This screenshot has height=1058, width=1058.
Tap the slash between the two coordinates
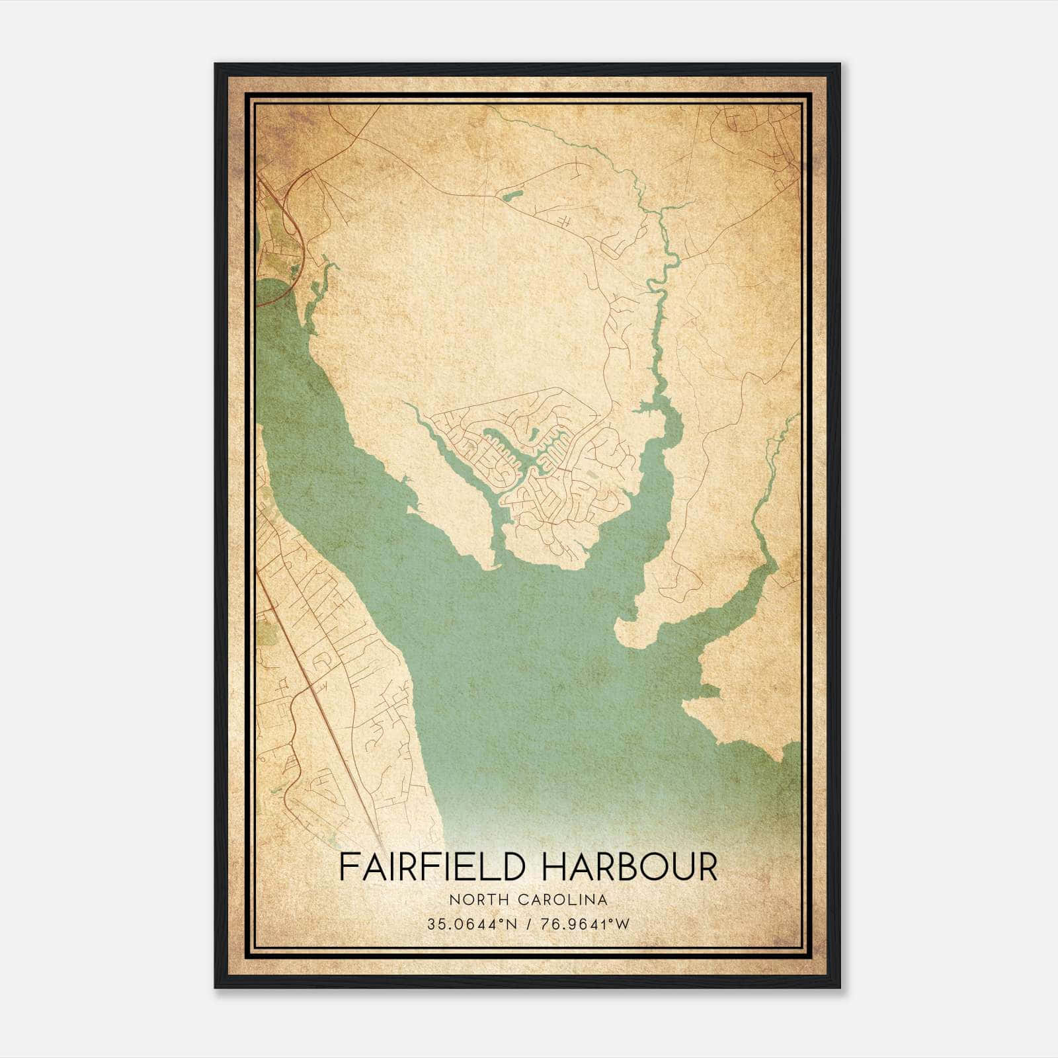click(x=527, y=924)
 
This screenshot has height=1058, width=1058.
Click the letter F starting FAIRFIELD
click(x=347, y=867)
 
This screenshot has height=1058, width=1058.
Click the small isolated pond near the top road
click(x=510, y=196)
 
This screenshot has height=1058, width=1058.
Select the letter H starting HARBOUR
click(x=553, y=867)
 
